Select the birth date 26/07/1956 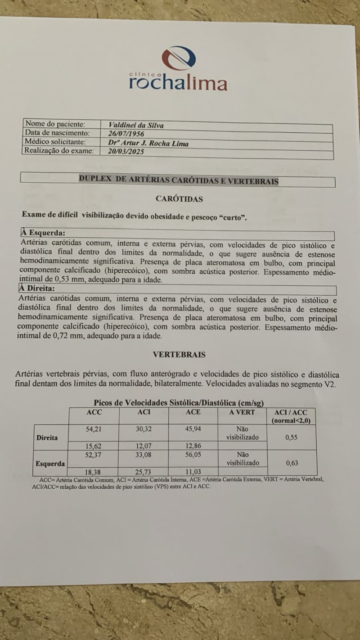[x=128, y=134]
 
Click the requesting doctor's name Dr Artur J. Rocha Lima [x=148, y=143]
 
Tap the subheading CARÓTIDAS [x=179, y=198]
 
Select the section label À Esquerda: [x=43, y=233]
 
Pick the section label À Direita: [x=37, y=288]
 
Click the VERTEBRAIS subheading [x=179, y=355]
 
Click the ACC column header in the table [x=94, y=412]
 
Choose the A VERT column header [x=242, y=412]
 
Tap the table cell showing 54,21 [x=94, y=429]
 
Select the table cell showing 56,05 [x=193, y=455]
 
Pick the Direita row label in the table [x=47, y=437]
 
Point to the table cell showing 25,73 [x=143, y=471]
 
